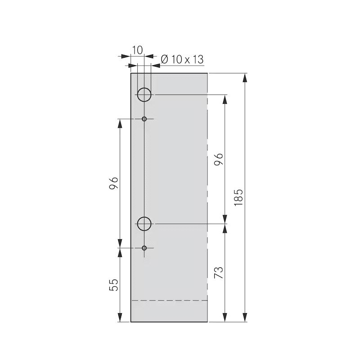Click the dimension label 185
click(238, 197)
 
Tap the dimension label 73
click(218, 273)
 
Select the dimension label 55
click(114, 285)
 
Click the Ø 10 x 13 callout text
click(182, 59)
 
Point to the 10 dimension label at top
click(137, 50)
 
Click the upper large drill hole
click(144, 94)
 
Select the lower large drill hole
click(144, 224)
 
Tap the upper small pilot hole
click(144, 119)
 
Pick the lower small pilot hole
click(144, 248)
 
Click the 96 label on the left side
click(114, 183)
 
